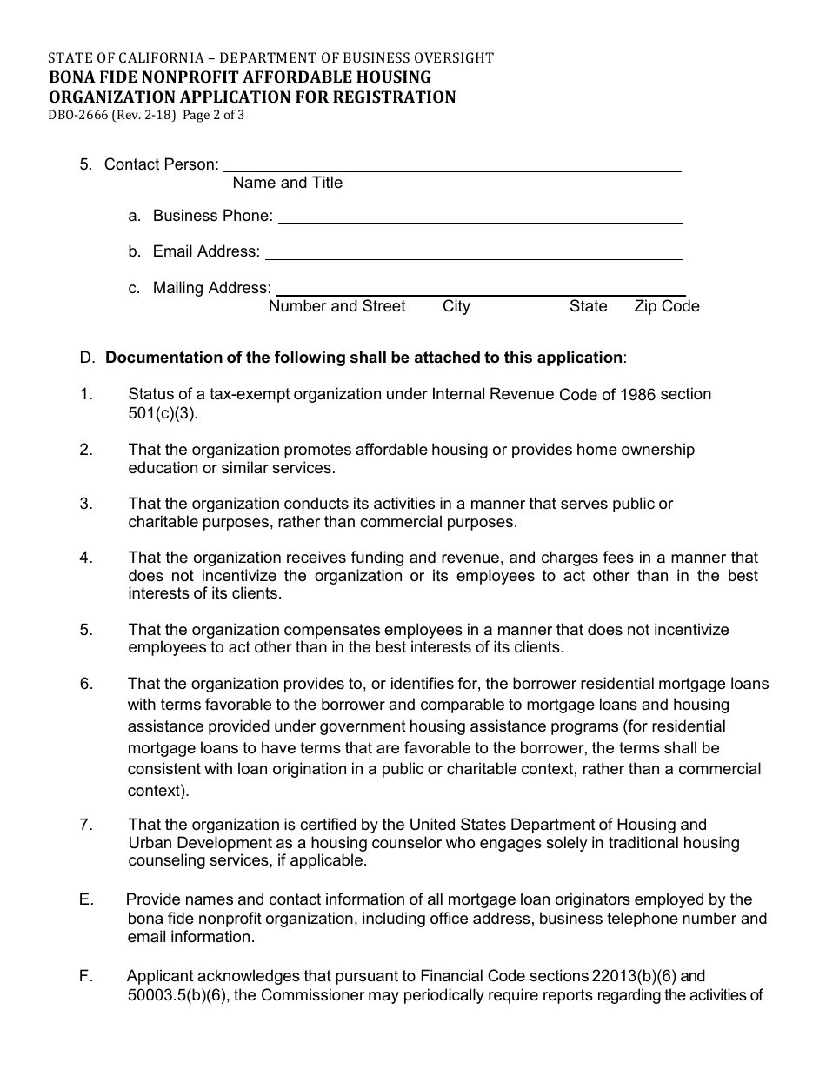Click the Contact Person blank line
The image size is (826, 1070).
[x=452, y=165]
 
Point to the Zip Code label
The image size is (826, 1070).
[x=667, y=306]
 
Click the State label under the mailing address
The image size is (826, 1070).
[x=589, y=306]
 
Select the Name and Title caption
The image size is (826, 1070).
[x=288, y=183]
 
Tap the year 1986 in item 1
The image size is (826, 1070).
[x=638, y=395]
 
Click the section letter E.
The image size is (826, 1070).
[x=85, y=899]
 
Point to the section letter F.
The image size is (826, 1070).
[x=85, y=976]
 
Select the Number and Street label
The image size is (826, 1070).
[x=337, y=306]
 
